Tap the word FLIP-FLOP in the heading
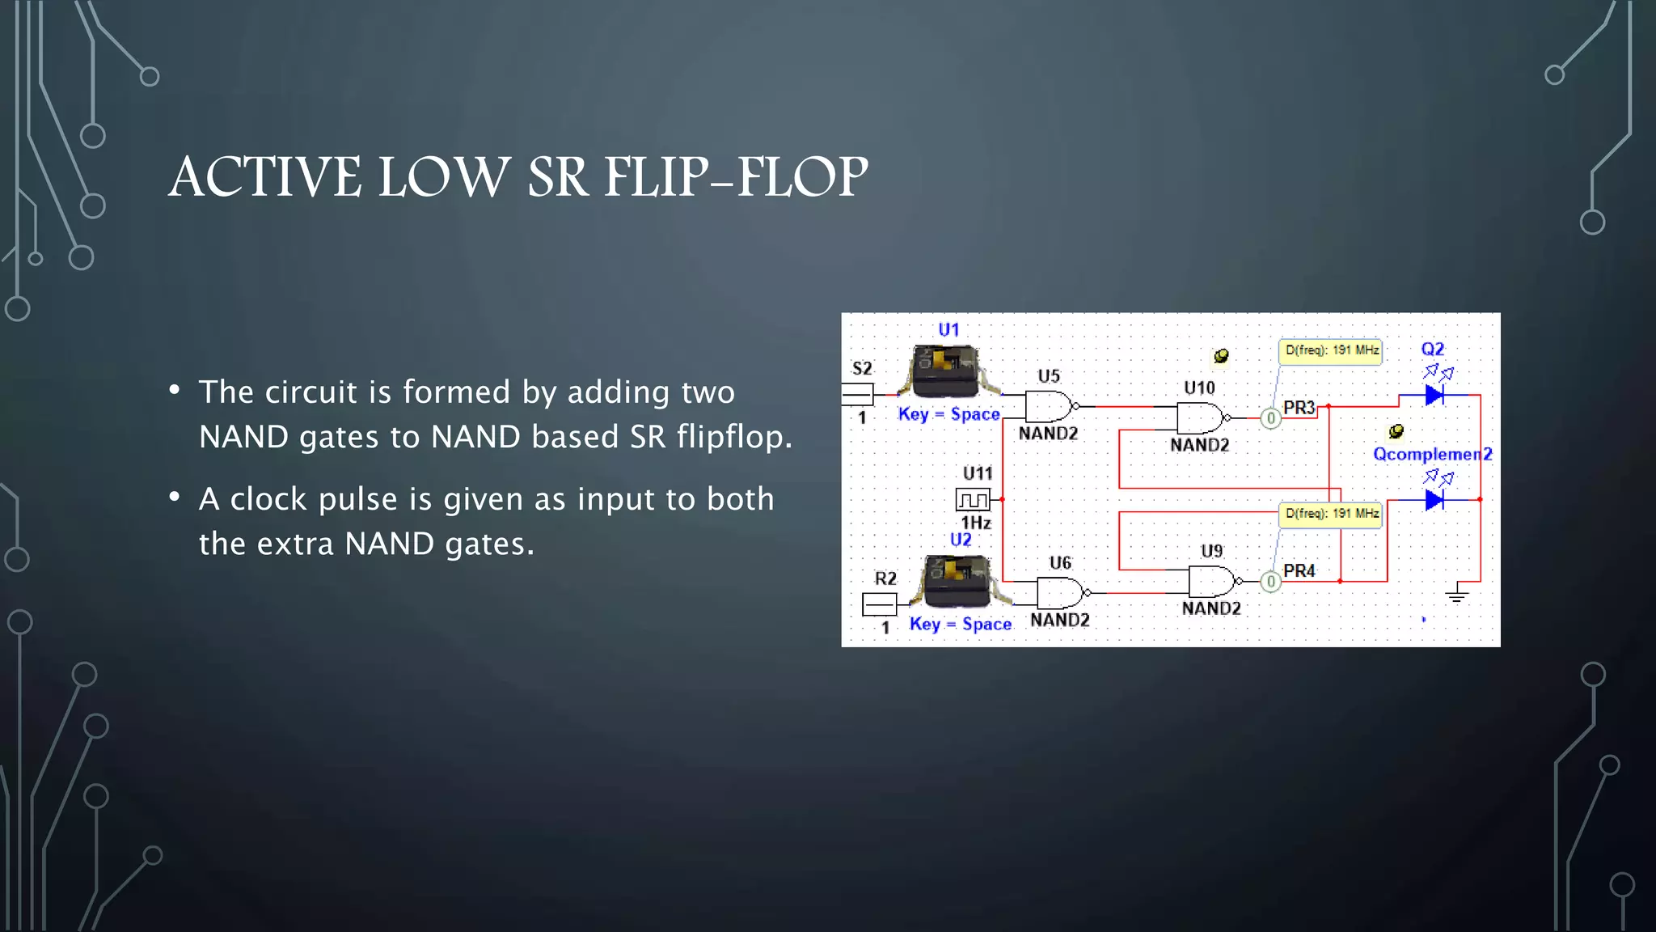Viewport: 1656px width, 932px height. tap(736, 177)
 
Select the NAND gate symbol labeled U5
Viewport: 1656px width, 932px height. tap(1048, 406)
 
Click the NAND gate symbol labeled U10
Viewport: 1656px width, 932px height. tap(1200, 418)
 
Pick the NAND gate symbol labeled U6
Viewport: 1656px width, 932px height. tap(1059, 593)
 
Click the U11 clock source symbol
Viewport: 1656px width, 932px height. tap(973, 499)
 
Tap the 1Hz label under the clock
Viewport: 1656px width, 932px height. tap(976, 523)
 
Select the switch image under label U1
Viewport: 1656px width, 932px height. tap(946, 371)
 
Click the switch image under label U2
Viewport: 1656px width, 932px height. tap(957, 580)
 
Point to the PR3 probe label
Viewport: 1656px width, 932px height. tap(1299, 408)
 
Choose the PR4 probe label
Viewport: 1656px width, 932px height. tap(1299, 571)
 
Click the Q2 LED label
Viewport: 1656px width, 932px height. tap(1432, 349)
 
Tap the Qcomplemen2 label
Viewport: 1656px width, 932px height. tap(1432, 455)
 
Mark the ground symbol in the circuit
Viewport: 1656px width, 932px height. tap(1456, 595)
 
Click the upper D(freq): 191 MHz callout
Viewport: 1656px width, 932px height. tap(1331, 351)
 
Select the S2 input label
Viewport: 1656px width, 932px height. tap(862, 369)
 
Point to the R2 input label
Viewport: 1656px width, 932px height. tap(885, 578)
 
